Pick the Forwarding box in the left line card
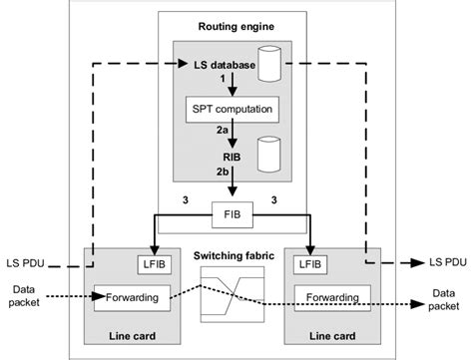[x=131, y=295]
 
